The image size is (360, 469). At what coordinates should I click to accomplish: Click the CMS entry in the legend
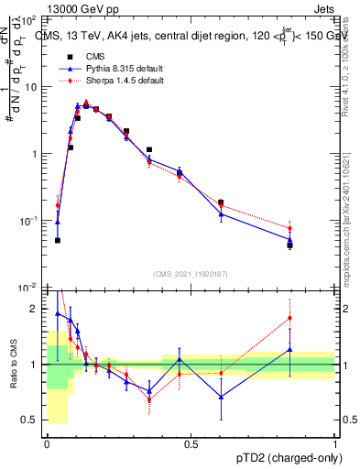[93, 57]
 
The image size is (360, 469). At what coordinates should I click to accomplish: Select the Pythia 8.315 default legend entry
[111, 69]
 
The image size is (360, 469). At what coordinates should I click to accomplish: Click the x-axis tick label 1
[335, 444]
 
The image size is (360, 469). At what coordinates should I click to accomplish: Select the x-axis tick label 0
[47, 444]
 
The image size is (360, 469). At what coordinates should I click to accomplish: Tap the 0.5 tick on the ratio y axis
[32, 420]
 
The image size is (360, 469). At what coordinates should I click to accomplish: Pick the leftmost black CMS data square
[58, 240]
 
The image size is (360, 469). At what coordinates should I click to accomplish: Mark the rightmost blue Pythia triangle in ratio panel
[289, 349]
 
